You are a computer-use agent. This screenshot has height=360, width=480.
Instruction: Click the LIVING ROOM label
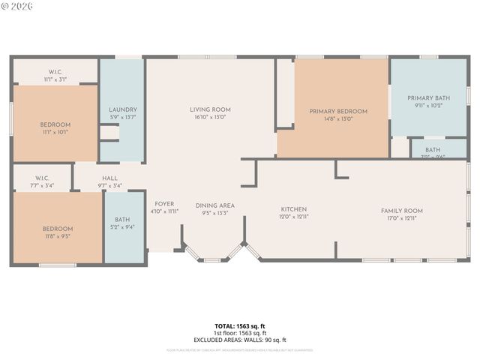(210, 109)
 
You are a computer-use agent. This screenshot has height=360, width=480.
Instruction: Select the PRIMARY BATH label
(428, 97)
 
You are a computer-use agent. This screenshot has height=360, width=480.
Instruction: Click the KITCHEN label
(293, 209)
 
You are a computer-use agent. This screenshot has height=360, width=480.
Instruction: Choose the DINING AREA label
(215, 205)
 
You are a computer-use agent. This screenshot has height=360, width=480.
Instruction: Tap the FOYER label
(164, 204)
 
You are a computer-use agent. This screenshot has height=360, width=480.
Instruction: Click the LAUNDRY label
(122, 109)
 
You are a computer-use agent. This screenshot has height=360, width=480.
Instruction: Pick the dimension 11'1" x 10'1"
(55, 132)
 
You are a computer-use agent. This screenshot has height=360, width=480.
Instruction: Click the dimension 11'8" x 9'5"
(57, 236)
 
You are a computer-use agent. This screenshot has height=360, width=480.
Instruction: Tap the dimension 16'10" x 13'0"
(210, 117)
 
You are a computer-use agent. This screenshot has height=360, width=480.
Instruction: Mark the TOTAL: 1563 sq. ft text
(240, 326)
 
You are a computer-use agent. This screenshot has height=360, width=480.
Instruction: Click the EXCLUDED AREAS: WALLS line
(240, 340)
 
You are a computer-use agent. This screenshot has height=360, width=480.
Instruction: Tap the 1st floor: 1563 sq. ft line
(240, 333)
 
